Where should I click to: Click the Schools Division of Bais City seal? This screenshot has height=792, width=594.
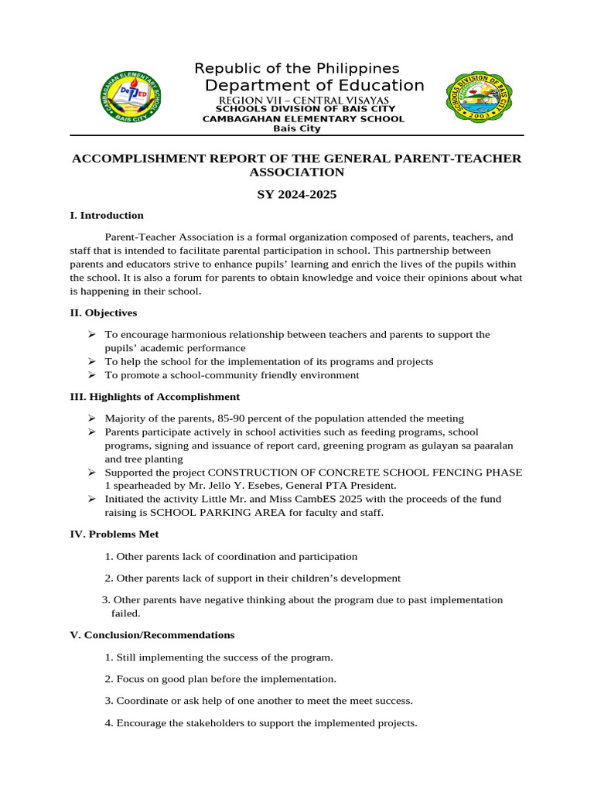coord(482,97)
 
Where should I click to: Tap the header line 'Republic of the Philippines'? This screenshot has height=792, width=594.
coord(296,68)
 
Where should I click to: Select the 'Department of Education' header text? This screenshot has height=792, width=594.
coord(314,85)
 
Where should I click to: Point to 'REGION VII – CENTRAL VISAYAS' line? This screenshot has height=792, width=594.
coord(303,101)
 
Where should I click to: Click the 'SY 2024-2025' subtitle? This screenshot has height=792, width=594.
coord(297,194)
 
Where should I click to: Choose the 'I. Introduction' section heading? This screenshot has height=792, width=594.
coord(107,216)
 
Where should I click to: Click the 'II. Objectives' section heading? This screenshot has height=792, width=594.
coord(104,313)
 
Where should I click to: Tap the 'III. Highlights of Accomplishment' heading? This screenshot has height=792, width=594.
coord(155,397)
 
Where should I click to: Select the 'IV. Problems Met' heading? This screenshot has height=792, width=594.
coord(114,534)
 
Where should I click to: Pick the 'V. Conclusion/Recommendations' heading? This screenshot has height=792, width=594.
coord(152,635)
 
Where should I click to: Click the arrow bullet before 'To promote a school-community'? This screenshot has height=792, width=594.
coord(91,375)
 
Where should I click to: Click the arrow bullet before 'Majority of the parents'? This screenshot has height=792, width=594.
coord(91,418)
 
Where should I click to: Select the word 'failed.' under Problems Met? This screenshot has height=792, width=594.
coord(126,613)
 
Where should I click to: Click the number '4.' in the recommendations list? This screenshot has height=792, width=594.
coord(109,724)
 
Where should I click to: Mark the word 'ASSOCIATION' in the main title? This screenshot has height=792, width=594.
coord(297,172)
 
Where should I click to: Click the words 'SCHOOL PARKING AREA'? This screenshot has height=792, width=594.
coord(203,513)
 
